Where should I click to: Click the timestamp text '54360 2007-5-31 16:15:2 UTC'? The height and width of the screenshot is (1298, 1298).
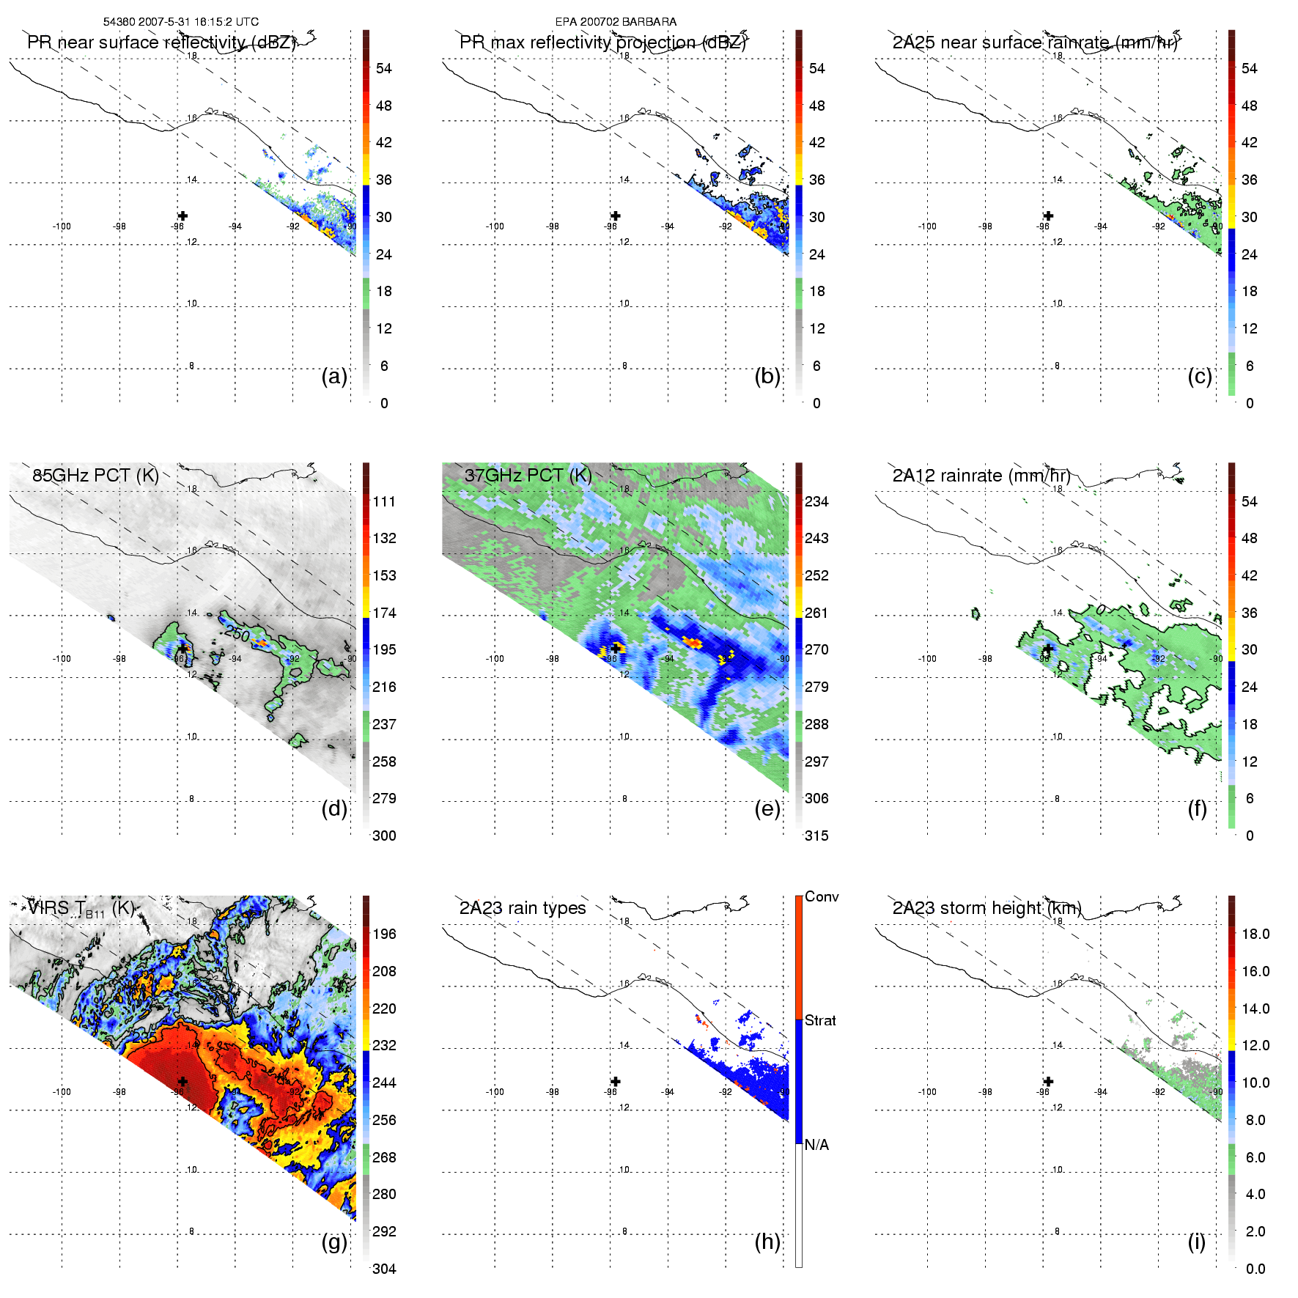point(180,22)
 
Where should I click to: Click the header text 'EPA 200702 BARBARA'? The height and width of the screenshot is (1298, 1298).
point(616,22)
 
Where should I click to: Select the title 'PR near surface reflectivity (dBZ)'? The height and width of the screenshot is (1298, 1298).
point(161,43)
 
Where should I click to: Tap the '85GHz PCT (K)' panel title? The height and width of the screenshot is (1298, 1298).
point(95,475)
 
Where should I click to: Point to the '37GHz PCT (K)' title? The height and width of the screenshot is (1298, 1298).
point(528,475)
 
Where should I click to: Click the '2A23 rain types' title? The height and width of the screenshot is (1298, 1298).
point(523,908)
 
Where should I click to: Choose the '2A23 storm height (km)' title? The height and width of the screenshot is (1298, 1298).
point(987,908)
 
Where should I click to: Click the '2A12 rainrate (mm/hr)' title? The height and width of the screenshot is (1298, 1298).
point(981,475)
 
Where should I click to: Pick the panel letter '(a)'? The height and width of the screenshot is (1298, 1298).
point(334,376)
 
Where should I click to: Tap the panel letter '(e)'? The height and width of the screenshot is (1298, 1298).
point(767,808)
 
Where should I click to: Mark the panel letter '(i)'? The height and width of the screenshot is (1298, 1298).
point(1197,1242)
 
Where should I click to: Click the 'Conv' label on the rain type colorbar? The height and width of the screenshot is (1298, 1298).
point(822,896)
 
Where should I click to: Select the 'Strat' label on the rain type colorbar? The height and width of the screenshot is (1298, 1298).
point(820,1020)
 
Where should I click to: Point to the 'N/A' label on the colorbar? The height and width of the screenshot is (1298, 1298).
point(816,1145)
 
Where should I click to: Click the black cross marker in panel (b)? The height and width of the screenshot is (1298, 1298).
point(616,215)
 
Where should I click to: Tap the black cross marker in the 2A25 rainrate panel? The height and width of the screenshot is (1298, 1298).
point(1049,215)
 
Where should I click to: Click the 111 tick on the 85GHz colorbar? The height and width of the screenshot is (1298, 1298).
point(384,501)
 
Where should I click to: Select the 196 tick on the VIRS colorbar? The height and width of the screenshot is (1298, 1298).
point(384,934)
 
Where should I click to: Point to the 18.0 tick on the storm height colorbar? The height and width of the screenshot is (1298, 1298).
point(1255,934)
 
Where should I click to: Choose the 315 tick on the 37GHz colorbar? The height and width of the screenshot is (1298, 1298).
point(816,836)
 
